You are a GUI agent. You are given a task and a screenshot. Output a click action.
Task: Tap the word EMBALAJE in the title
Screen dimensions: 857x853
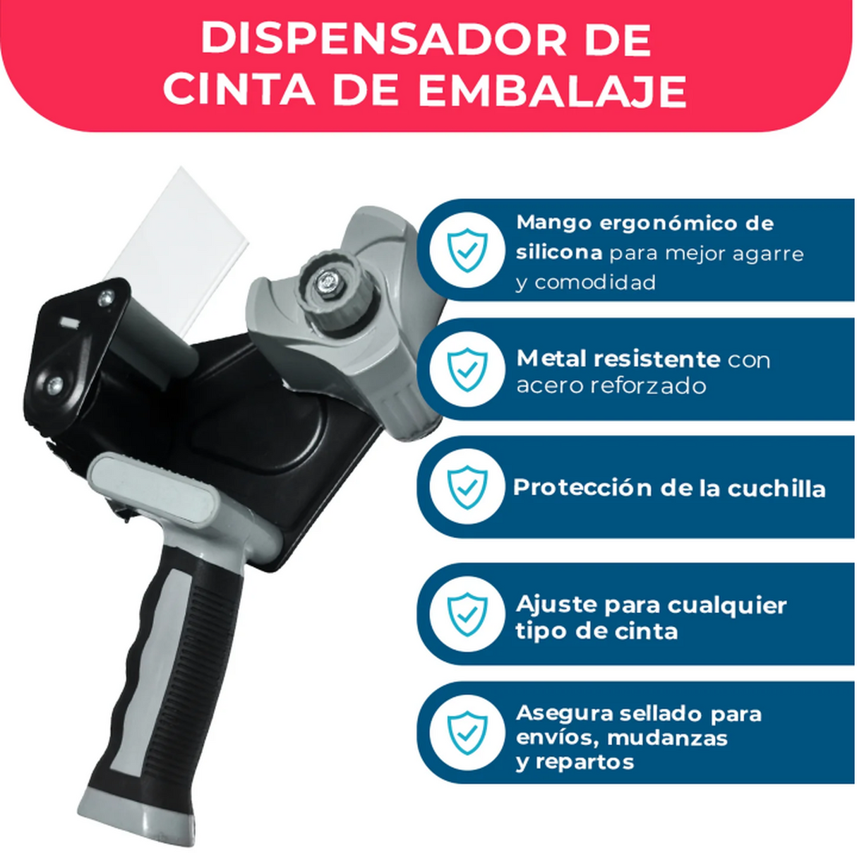[552, 91]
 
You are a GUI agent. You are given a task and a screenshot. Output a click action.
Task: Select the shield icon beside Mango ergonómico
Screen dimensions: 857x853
[467, 250]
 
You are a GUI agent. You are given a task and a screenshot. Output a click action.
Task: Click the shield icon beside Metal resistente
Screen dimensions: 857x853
[467, 369]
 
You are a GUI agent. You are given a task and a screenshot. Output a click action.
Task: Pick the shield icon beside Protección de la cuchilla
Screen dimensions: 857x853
[467, 488]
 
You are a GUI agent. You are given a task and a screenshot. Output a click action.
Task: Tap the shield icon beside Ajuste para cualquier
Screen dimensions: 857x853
[467, 614]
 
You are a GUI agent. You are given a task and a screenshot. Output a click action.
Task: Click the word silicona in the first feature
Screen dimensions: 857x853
[559, 253]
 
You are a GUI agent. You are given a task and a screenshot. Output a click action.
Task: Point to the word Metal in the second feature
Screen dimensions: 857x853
[546, 359]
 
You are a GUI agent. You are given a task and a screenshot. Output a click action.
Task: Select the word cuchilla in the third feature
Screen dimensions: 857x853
[776, 489]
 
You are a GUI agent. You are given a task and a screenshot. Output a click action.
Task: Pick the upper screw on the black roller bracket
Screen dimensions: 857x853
[105, 297]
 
